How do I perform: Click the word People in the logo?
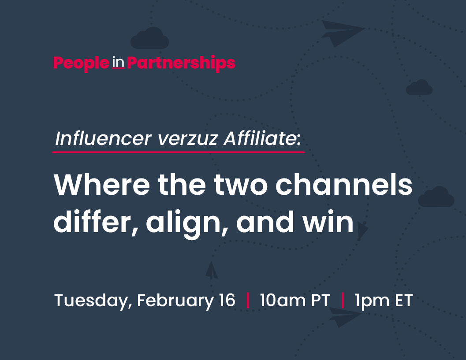click(81, 63)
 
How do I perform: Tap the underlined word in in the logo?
click(118, 63)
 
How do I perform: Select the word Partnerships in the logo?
click(181, 63)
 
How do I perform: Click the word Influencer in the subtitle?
click(103, 138)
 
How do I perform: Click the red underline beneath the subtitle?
click(178, 152)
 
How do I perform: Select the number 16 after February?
click(227, 301)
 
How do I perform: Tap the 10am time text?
click(283, 301)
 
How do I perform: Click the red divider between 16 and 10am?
click(248, 301)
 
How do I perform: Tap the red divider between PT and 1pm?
click(343, 301)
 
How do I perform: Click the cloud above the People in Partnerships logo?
click(150, 38)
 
